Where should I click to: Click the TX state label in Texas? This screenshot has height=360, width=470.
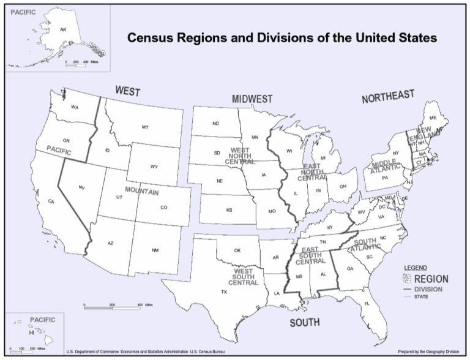[224, 292]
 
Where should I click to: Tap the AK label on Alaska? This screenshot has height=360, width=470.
[62, 29]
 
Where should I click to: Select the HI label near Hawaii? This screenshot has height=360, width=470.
[31, 334]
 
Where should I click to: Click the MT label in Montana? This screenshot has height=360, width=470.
[145, 127]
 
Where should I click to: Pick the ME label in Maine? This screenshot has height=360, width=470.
[433, 118]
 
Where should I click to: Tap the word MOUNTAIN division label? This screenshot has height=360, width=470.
[142, 192]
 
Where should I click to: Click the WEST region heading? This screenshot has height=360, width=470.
[128, 92]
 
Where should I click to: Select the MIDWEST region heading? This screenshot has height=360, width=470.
[252, 99]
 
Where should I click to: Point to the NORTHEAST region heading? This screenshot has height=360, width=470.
[388, 97]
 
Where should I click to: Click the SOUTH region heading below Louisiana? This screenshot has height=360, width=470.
[305, 322]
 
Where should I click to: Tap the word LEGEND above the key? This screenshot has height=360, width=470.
[416, 268]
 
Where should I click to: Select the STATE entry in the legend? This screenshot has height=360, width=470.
[422, 297]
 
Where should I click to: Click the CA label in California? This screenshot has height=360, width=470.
[51, 201]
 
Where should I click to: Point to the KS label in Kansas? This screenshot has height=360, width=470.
[229, 210]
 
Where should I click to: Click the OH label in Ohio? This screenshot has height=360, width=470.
[343, 187]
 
